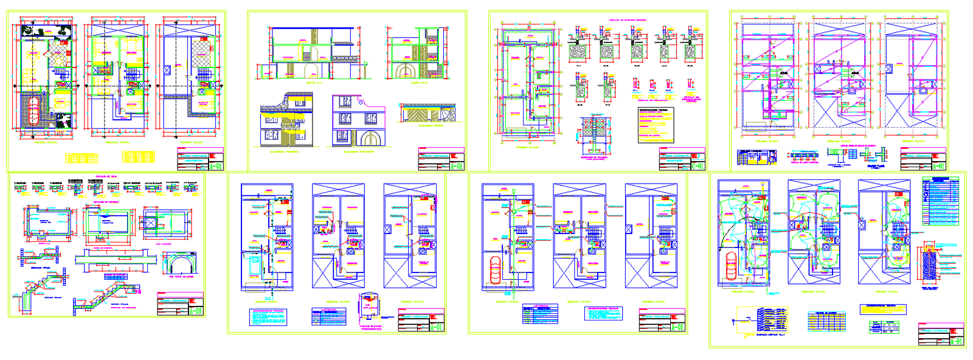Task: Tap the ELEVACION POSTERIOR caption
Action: [x=359, y=152]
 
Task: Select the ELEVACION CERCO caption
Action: [x=431, y=126]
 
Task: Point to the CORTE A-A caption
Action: [x=314, y=83]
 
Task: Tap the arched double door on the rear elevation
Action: [x=372, y=138]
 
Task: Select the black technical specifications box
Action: [x=656, y=125]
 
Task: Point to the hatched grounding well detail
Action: [x=929, y=266]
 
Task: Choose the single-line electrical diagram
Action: [x=760, y=319]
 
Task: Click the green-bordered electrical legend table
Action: [x=940, y=201]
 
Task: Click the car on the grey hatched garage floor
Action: [x=34, y=110]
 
